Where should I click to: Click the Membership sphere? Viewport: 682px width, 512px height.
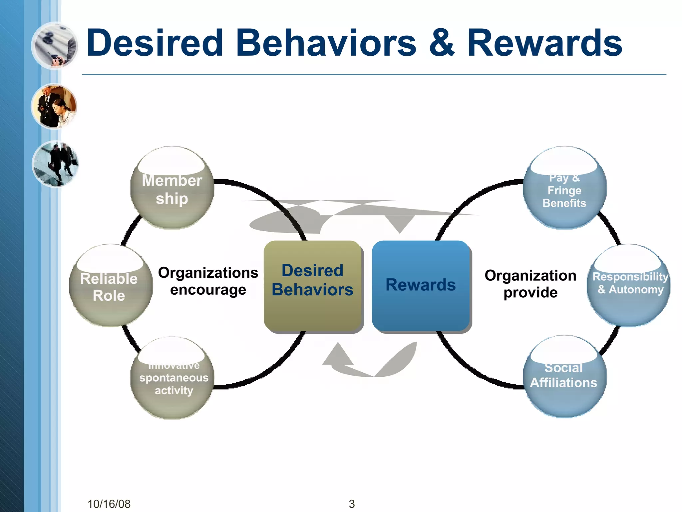[172, 188]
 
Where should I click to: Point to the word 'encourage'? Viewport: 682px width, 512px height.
[208, 290]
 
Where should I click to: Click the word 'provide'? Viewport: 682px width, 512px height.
[530, 293]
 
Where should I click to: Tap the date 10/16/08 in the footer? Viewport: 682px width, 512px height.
[109, 504]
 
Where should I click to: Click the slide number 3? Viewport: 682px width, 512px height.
[352, 504]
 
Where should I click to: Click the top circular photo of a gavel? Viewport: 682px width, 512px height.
[55, 46]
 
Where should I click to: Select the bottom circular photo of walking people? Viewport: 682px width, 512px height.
[55, 164]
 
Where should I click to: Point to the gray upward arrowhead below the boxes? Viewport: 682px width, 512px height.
[338, 355]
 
